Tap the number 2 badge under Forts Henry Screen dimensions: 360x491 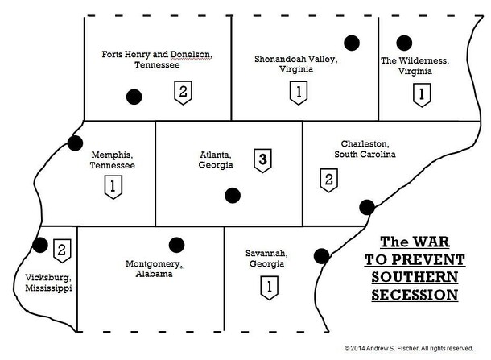(x=183, y=91)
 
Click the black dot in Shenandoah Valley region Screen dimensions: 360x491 (x=352, y=42)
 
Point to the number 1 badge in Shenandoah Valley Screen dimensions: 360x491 (x=299, y=93)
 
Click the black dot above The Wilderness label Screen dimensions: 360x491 (x=405, y=42)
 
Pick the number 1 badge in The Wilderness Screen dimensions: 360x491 (x=419, y=94)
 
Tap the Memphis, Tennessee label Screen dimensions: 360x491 (x=112, y=159)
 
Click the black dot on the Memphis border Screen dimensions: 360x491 (x=76, y=143)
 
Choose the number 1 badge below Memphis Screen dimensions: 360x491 (x=111, y=188)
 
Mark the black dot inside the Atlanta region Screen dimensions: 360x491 (x=233, y=194)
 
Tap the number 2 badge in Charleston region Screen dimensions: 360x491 (x=328, y=179)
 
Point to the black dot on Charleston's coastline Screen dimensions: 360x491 (x=367, y=206)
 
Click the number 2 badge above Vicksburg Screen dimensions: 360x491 (x=60, y=250)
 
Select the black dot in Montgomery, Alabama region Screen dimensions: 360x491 (x=177, y=244)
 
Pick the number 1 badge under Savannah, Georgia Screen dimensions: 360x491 (x=269, y=285)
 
